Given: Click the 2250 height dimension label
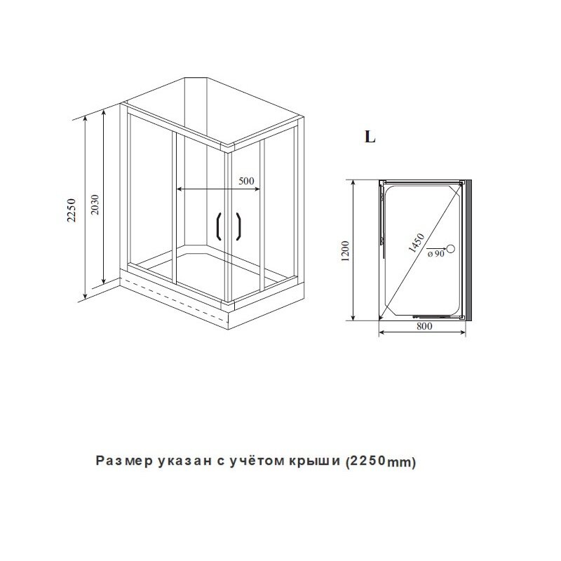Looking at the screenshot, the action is pos(72,210).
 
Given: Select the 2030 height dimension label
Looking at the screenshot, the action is pos(95,204).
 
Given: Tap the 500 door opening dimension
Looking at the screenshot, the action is pos(246,181).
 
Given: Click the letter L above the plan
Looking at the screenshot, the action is pos(370,136).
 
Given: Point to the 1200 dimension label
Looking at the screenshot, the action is pos(345,251).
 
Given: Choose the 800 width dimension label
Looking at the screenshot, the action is pos(424,326).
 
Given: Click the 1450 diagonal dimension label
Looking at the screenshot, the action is pos(417,243).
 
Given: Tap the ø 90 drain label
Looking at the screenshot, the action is pos(435,254).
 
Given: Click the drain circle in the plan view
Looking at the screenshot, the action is pos(451,248).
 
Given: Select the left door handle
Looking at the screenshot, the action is pos(217,226).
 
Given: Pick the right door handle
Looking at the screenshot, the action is pos(239,226).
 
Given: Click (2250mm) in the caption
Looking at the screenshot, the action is pos(381,462).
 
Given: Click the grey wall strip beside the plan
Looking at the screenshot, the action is pos(468,250).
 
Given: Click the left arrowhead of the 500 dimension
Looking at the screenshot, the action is pos(180,189).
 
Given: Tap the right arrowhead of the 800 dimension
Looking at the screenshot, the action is pos(463,332).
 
